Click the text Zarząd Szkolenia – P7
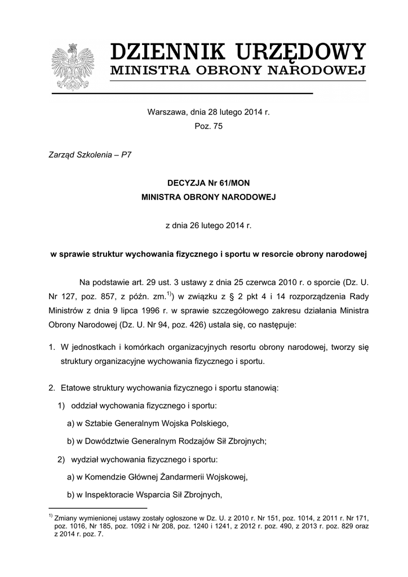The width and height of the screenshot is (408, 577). tap(91, 154)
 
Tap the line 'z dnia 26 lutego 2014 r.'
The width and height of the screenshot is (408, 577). tap(208, 225)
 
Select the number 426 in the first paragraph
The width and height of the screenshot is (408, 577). tap(184, 325)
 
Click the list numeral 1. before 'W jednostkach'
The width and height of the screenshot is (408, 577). tap(51, 347)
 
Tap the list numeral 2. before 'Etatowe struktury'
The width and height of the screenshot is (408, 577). tap(51, 388)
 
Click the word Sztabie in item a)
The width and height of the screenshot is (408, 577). tap(99, 423)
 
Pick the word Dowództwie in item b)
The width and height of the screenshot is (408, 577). tap(108, 441)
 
